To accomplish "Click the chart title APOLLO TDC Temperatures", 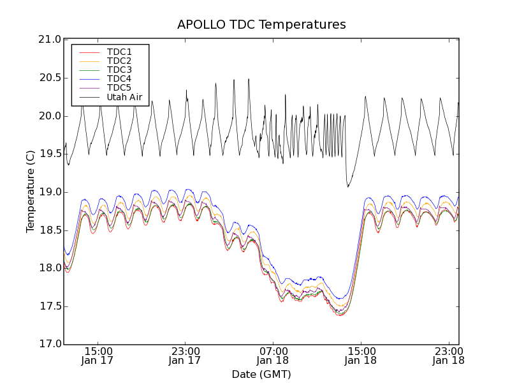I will (x=261, y=25).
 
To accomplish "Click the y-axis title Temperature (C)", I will (x=31, y=191).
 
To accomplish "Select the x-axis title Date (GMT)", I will (x=261, y=373).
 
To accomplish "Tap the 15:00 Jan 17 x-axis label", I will (x=98, y=356).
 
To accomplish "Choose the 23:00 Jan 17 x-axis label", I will (x=185, y=356).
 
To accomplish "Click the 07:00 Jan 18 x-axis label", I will (x=273, y=356).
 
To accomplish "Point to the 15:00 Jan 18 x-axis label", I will (x=361, y=356).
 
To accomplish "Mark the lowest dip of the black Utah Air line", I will (x=348, y=186).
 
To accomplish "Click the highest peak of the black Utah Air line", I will (x=249, y=79).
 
